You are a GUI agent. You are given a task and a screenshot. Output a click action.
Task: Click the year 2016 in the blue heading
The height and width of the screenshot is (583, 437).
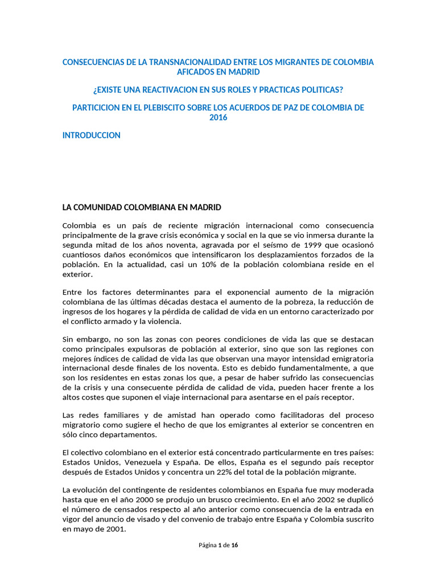(x=218, y=118)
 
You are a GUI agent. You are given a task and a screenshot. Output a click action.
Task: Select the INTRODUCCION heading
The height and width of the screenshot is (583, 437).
(x=91, y=136)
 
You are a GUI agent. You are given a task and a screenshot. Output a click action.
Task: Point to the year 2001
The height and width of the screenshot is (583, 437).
(x=113, y=529)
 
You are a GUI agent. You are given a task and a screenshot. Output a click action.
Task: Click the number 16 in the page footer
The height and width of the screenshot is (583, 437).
(x=234, y=545)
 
